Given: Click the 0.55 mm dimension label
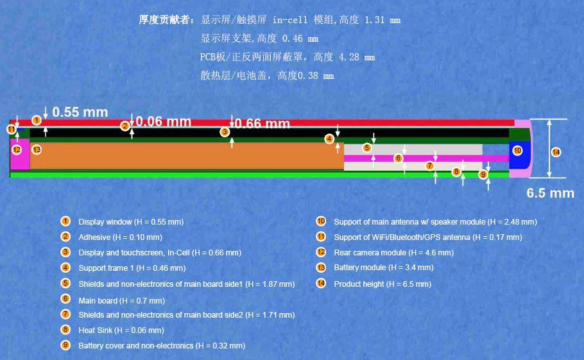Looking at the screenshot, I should (x=80, y=112).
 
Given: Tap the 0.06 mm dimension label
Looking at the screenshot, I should (x=164, y=121).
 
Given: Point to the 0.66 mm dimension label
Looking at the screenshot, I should (x=262, y=123).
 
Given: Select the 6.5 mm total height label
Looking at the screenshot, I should (x=550, y=193).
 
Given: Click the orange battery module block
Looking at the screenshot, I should (x=186, y=156).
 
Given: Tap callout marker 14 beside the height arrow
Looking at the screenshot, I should (x=556, y=152).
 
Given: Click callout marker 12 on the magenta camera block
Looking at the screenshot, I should (x=17, y=150).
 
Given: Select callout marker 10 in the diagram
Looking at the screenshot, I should (x=517, y=151).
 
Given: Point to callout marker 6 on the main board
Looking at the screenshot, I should (x=398, y=158).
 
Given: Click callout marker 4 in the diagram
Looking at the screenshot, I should (x=329, y=139).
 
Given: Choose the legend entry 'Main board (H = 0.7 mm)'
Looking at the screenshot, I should (x=121, y=300).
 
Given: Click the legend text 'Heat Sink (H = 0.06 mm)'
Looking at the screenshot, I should (x=121, y=330).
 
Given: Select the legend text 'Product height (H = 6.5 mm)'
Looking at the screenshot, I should (x=382, y=284).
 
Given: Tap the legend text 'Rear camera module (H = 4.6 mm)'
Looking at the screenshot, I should (x=393, y=252).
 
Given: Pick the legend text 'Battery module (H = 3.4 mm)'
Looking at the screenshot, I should (x=383, y=267).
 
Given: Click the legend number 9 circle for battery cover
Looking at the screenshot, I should (x=65, y=345).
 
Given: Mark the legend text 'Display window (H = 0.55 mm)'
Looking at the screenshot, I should (x=131, y=221).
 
